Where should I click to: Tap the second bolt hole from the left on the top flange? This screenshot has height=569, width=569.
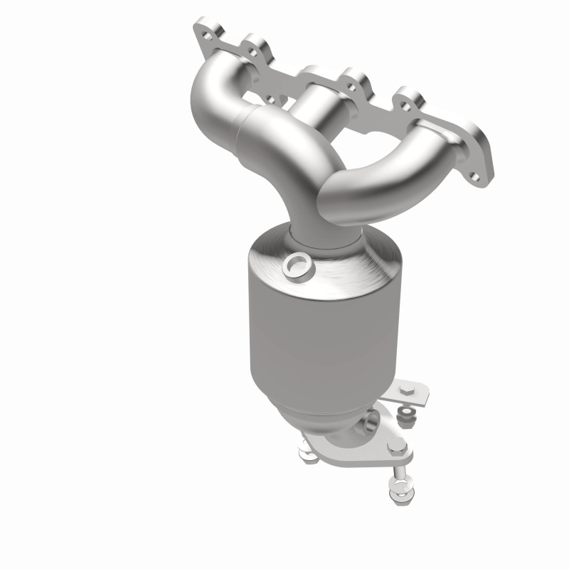click(253, 50)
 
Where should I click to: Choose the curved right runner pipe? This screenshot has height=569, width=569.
click(398, 171)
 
